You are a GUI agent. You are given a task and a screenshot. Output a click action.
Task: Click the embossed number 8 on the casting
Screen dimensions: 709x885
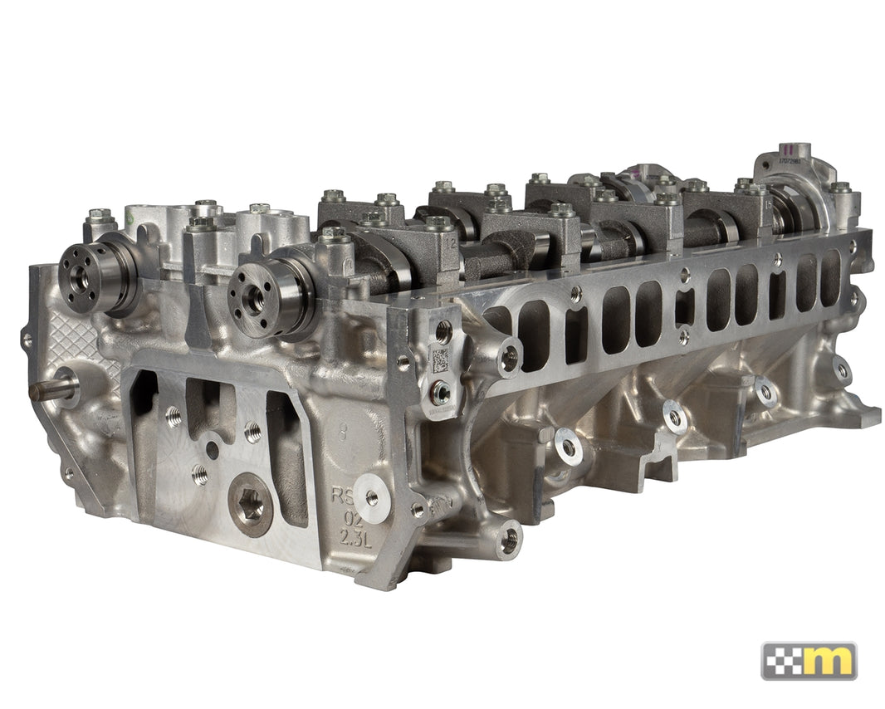(343, 432)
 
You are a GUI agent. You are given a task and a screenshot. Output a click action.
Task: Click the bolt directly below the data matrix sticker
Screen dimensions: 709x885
(441, 390)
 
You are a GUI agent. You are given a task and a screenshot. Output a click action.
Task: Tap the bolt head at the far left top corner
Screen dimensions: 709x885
(100, 217)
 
